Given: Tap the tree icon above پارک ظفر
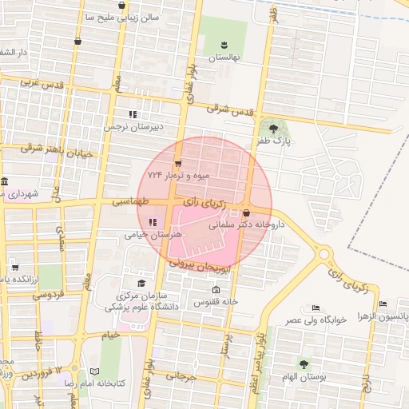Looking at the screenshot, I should pyautogui.click(x=274, y=127).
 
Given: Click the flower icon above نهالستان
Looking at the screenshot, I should pyautogui.click(x=224, y=43).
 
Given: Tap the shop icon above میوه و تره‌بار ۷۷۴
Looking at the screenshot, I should pyautogui.click(x=177, y=163).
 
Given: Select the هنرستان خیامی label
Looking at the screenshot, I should pyautogui.click(x=153, y=235).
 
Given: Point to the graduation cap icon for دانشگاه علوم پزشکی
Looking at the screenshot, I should pyautogui.click(x=142, y=283).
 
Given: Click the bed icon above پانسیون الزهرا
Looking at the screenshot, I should pyautogui.click(x=383, y=304).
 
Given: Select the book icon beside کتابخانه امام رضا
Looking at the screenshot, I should pyautogui.click(x=94, y=372).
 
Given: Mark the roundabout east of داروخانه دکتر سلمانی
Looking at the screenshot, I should pyautogui.click(x=324, y=255).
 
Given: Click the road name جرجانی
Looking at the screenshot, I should pyautogui.click(x=181, y=375).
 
